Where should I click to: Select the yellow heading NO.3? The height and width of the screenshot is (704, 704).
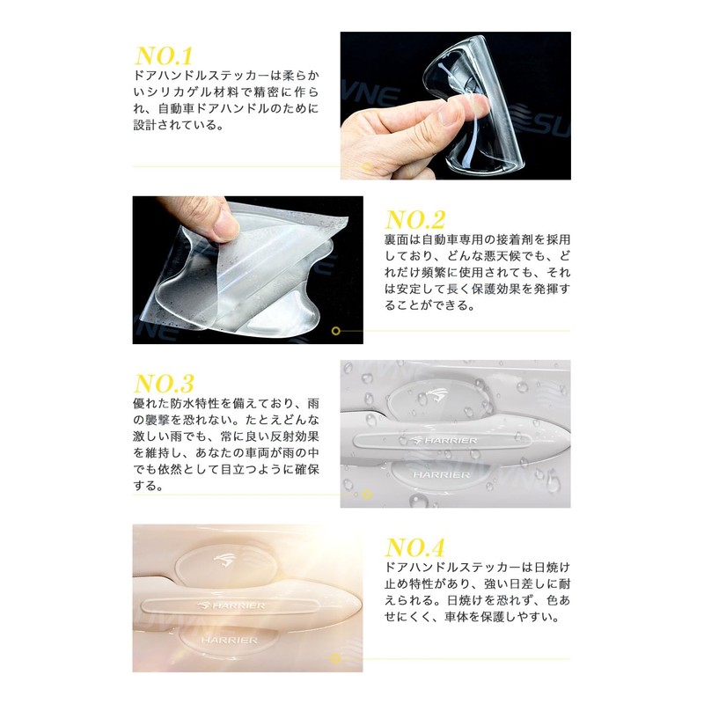[164, 385]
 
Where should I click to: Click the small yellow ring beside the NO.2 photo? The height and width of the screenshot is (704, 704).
[335, 332]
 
